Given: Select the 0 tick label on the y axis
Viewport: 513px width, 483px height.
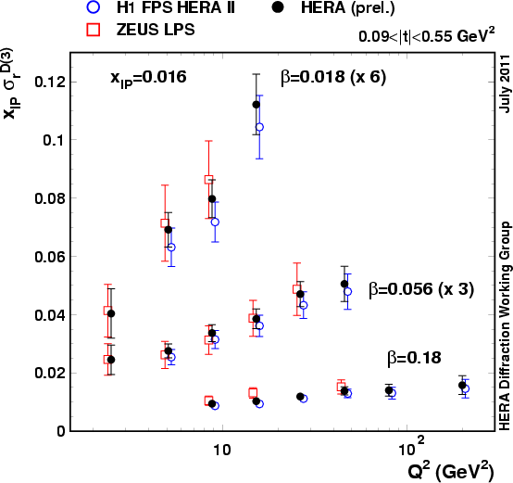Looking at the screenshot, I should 61,431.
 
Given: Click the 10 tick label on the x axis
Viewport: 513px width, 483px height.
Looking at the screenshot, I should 220,450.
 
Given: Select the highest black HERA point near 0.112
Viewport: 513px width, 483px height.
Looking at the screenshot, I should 256,105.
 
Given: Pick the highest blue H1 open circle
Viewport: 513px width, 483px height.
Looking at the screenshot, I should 259,127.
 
